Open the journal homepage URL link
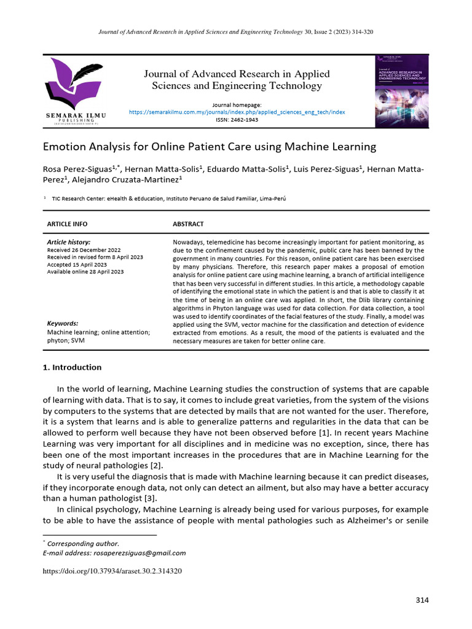click(x=237, y=112)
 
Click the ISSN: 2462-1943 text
click(x=237, y=120)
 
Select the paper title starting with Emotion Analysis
click(x=208, y=147)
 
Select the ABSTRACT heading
click(x=188, y=224)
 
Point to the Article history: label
click(x=68, y=243)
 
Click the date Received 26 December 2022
click(x=85, y=250)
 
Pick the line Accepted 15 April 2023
click(x=76, y=265)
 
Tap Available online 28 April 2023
click(x=85, y=272)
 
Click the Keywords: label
click(x=63, y=323)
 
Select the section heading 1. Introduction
click(x=72, y=367)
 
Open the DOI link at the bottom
click(x=112, y=571)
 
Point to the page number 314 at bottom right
click(x=422, y=600)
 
